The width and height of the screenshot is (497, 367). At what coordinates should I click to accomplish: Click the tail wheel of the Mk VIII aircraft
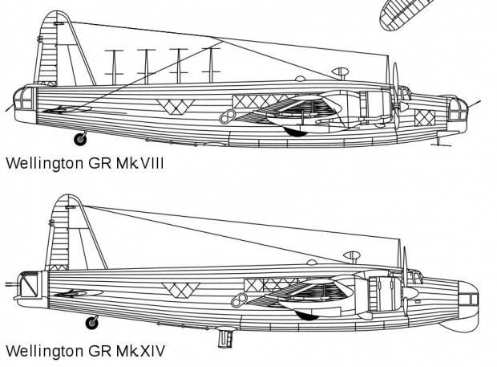(80, 139)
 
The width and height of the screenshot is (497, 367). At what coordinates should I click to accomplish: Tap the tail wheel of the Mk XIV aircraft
(92, 323)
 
